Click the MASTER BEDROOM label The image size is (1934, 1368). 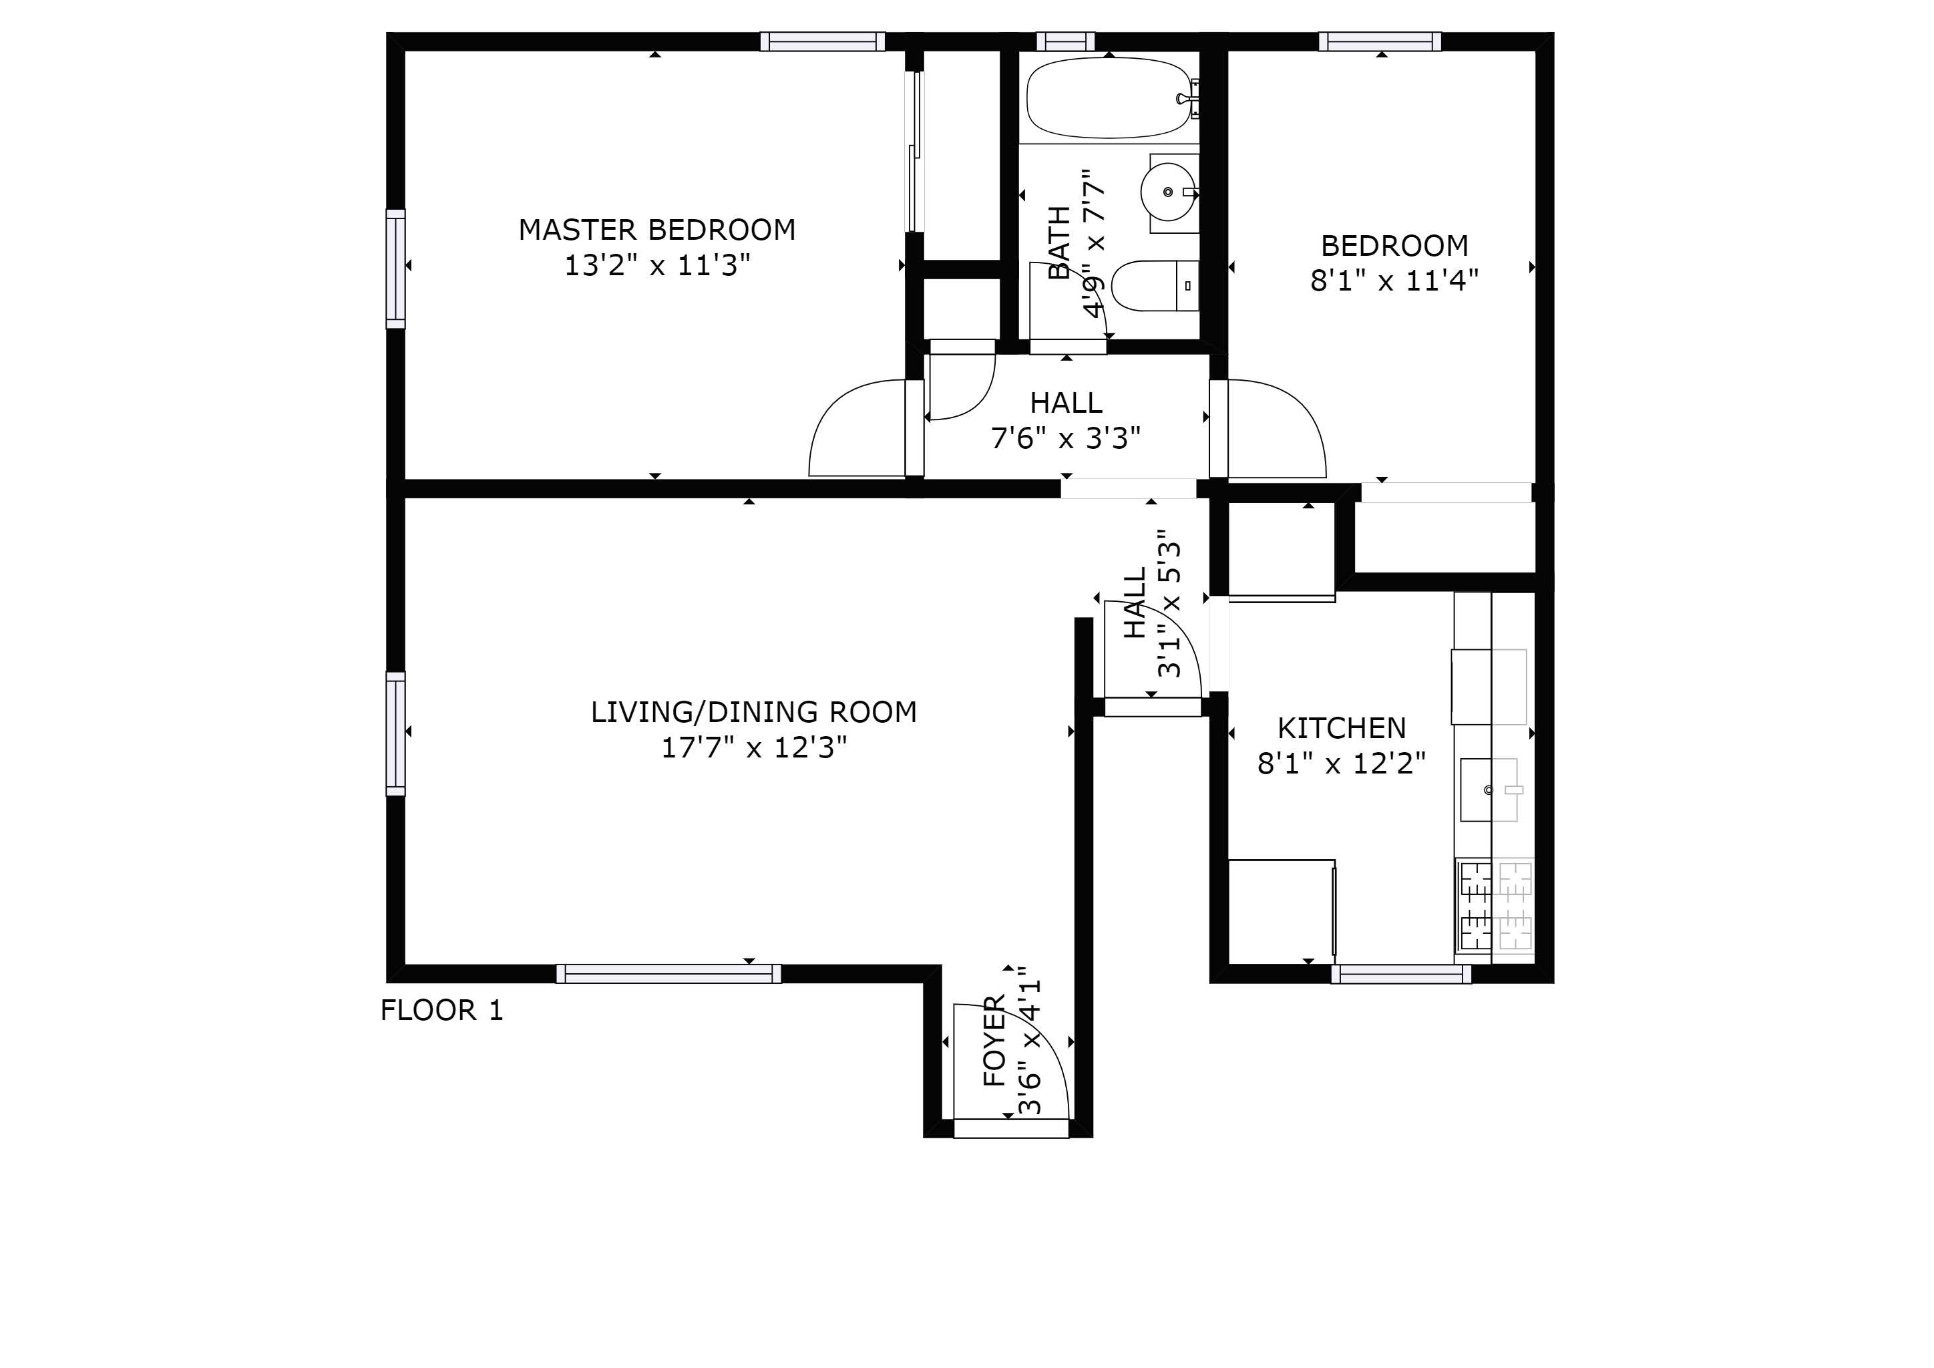(x=656, y=229)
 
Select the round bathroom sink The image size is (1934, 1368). (x=1168, y=192)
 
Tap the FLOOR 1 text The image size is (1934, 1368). (x=441, y=1010)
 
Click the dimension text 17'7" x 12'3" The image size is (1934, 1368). (x=753, y=747)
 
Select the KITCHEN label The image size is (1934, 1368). (x=1341, y=728)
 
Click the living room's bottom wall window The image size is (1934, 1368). (x=668, y=974)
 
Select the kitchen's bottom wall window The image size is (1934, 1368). (x=1401, y=974)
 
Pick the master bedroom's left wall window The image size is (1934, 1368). (x=395, y=269)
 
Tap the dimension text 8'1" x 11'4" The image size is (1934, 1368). (x=1393, y=281)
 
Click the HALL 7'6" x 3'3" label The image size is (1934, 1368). (x=1066, y=420)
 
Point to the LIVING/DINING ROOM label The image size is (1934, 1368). (x=753, y=712)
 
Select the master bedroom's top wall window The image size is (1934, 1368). (x=822, y=41)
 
